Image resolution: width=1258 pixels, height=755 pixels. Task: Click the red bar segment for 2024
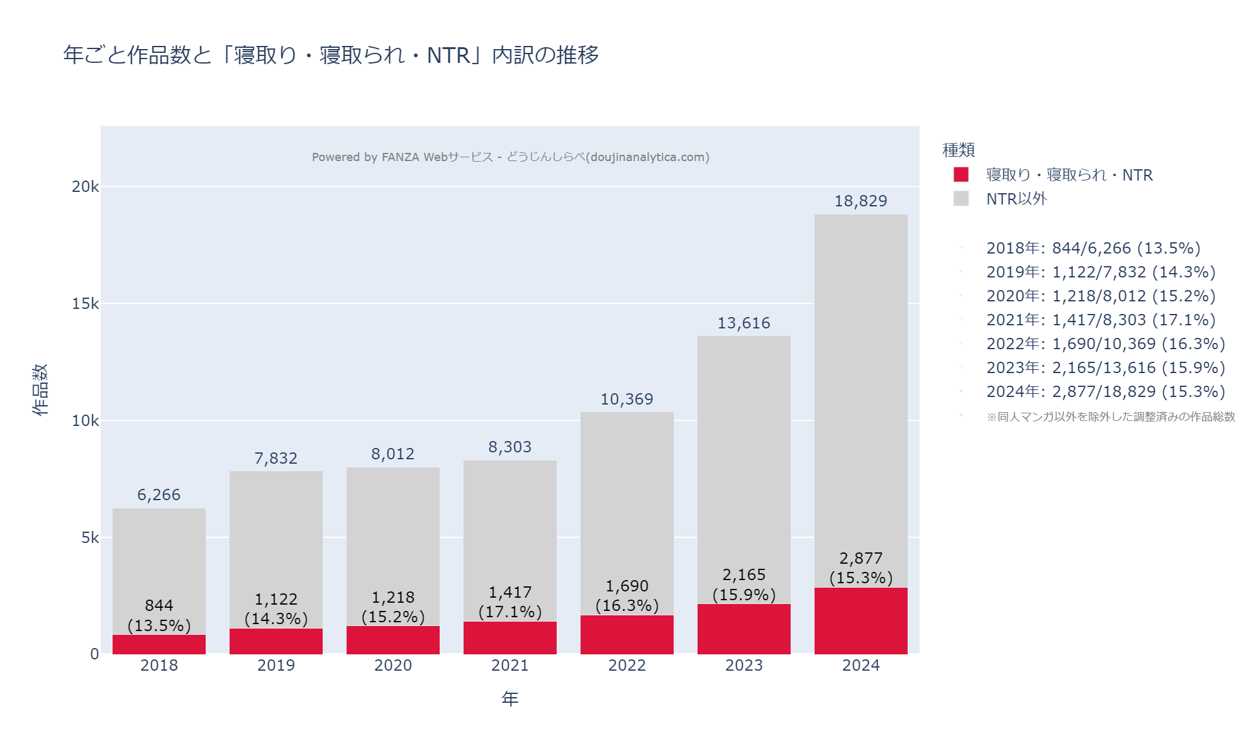[860, 620]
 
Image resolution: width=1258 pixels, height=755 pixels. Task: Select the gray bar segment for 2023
[743, 453]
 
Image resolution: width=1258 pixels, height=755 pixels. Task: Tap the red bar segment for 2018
[159, 644]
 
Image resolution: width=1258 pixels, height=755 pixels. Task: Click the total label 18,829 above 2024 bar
[860, 201]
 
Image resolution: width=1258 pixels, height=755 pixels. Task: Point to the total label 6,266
[159, 495]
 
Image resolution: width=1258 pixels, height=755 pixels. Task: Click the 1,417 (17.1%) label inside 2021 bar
[510, 601]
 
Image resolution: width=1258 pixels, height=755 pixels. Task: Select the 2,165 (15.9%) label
[743, 584]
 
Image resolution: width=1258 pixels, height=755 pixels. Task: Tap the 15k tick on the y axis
[86, 304]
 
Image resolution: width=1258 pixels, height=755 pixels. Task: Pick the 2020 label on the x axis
[393, 665]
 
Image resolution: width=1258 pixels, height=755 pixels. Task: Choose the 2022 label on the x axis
[627, 665]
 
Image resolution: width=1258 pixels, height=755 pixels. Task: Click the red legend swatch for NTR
[961, 174]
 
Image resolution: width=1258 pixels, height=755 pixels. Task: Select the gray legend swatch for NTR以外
[961, 199]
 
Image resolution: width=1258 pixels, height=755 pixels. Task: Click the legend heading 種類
[958, 150]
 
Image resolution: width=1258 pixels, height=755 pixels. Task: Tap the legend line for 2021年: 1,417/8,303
[1100, 320]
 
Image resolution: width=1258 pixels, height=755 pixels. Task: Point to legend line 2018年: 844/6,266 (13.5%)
[1093, 248]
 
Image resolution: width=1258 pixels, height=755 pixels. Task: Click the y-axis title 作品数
[40, 389]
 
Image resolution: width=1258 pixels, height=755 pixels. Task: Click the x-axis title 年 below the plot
[510, 698]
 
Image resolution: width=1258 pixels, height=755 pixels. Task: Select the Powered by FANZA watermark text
[510, 157]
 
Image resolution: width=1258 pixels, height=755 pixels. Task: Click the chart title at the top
[331, 55]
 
